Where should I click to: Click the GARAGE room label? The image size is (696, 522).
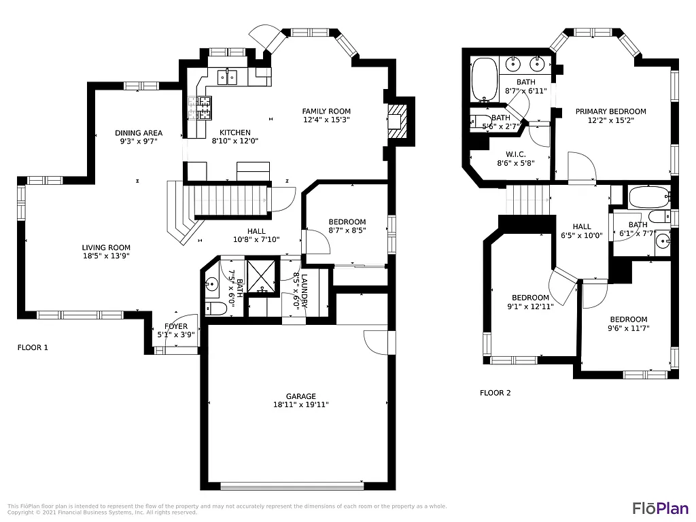(300, 396)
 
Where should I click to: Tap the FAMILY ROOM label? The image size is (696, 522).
(326, 111)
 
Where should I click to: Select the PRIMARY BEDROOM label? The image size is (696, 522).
(610, 111)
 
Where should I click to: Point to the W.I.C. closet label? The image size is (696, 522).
(516, 154)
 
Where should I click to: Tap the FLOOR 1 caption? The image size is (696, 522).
(33, 347)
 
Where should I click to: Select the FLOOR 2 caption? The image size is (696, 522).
(495, 393)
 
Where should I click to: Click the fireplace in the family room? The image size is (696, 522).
(398, 122)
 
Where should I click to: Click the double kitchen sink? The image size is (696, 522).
(227, 77)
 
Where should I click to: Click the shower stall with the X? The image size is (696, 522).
(261, 276)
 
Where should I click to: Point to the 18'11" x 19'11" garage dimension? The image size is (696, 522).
(300, 405)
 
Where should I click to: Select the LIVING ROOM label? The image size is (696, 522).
(106, 248)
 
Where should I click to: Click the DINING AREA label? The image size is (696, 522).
(138, 133)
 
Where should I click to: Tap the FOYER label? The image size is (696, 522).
(175, 326)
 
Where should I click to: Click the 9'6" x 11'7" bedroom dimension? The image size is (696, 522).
(628, 328)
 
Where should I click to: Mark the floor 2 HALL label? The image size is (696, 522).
(582, 227)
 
